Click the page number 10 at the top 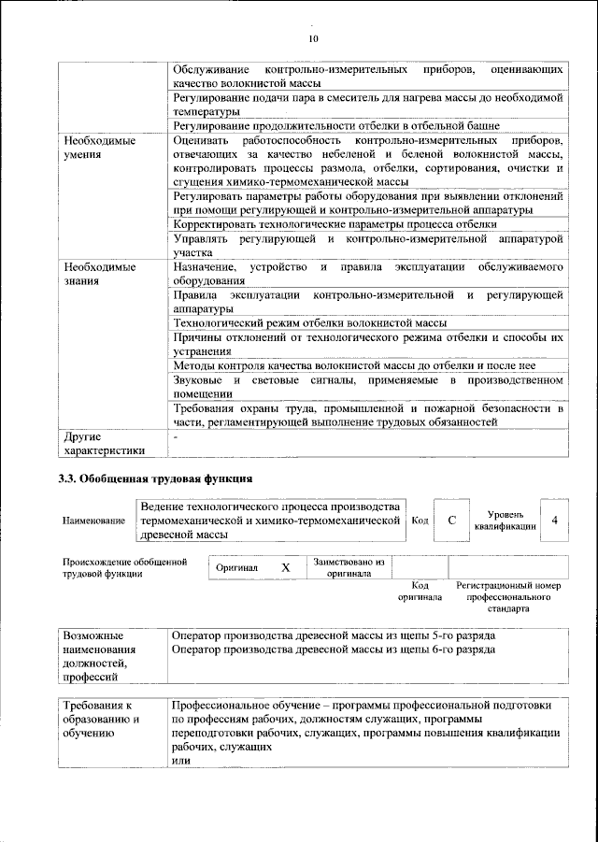(314, 38)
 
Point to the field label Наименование (94, 521)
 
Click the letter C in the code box (451, 520)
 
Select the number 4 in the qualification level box (555, 520)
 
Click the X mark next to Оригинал (286, 567)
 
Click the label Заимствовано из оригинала (349, 567)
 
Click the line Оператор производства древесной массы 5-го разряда (334, 635)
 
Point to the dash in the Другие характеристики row (175, 435)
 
